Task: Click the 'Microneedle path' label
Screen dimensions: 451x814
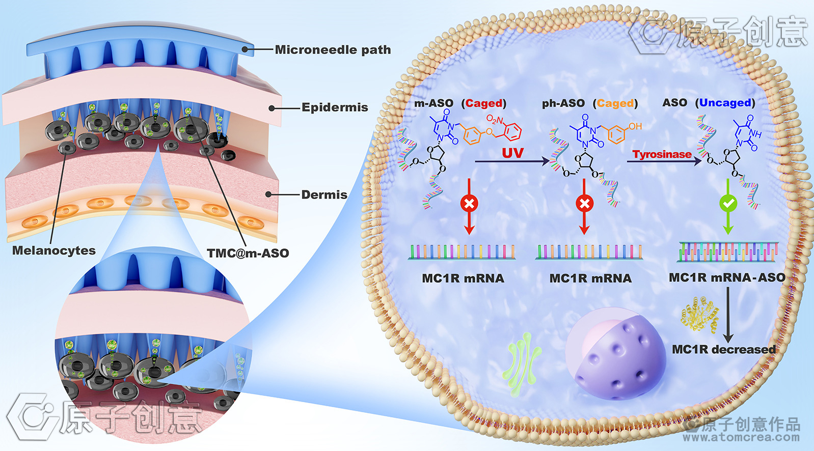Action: click(x=333, y=50)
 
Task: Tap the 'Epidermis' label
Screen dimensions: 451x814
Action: click(x=334, y=107)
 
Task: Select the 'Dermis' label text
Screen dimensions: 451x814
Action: click(x=324, y=195)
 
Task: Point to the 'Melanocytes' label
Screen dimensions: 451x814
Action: click(x=54, y=250)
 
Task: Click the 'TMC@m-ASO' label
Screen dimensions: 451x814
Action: click(x=248, y=253)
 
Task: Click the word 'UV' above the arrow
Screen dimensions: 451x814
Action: click(x=512, y=153)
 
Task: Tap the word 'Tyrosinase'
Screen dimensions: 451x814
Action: click(x=662, y=154)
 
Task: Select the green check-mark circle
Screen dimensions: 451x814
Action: click(x=728, y=204)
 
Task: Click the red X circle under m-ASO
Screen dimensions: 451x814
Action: click(x=469, y=204)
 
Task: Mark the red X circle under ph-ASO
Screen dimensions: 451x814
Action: click(x=584, y=204)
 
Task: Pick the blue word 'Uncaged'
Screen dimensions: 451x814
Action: click(x=725, y=103)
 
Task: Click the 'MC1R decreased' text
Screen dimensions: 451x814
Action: click(x=723, y=350)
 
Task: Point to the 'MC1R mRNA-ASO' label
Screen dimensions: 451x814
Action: click(x=727, y=278)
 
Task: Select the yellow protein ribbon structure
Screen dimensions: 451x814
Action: click(x=700, y=313)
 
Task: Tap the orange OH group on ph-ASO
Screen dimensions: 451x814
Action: click(x=635, y=126)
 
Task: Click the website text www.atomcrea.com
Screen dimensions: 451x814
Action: click(x=741, y=437)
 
